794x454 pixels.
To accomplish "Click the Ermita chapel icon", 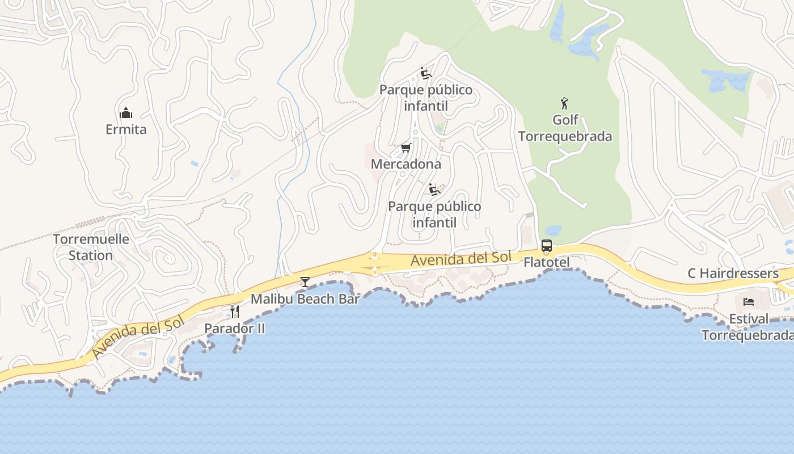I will pyautogui.click(x=126, y=113).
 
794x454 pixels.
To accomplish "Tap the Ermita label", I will pyautogui.click(x=126, y=129).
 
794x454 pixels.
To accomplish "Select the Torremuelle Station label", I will pyautogui.click(x=91, y=247).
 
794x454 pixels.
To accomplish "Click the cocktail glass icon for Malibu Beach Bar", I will pyautogui.click(x=305, y=281).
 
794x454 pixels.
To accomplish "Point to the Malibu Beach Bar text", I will pyautogui.click(x=305, y=299).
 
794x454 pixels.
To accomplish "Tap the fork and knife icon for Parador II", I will pyautogui.click(x=235, y=311).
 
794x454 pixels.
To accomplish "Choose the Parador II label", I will pyautogui.click(x=235, y=328).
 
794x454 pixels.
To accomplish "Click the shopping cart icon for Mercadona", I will pyautogui.click(x=406, y=148).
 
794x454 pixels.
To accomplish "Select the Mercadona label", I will pyautogui.click(x=406, y=164).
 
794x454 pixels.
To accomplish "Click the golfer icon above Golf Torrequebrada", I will pyautogui.click(x=564, y=103).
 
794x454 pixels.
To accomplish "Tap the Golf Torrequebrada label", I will pyautogui.click(x=565, y=128).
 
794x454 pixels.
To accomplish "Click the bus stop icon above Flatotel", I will pyautogui.click(x=547, y=246).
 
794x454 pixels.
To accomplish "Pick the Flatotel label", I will pyautogui.click(x=547, y=262).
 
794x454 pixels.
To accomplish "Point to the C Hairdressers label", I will pyautogui.click(x=733, y=273).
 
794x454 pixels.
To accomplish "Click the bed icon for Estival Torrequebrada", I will pyautogui.click(x=749, y=301).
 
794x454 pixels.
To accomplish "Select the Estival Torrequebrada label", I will pyautogui.click(x=747, y=327).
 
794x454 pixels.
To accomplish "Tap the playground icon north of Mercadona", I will pyautogui.click(x=426, y=73).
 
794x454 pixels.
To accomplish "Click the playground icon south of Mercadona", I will pyautogui.click(x=434, y=190).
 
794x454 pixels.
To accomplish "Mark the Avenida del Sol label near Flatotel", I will pyautogui.click(x=461, y=259).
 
